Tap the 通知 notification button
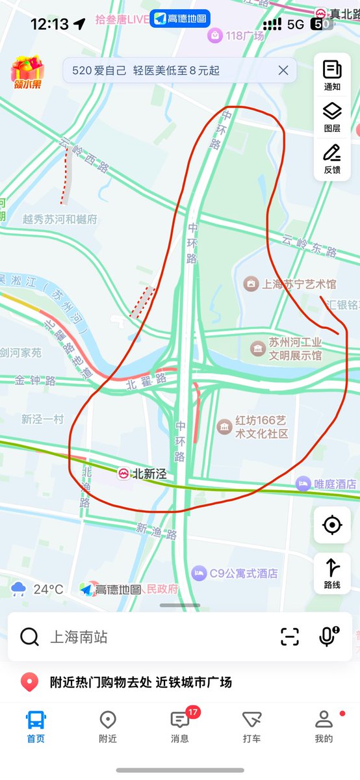(332, 75)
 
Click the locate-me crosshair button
(332, 525)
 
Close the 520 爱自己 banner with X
(283, 70)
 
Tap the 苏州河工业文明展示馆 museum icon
(259, 349)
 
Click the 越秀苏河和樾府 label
(60, 220)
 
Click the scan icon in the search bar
(290, 636)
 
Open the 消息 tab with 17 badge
(180, 726)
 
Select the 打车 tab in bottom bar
(251, 726)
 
